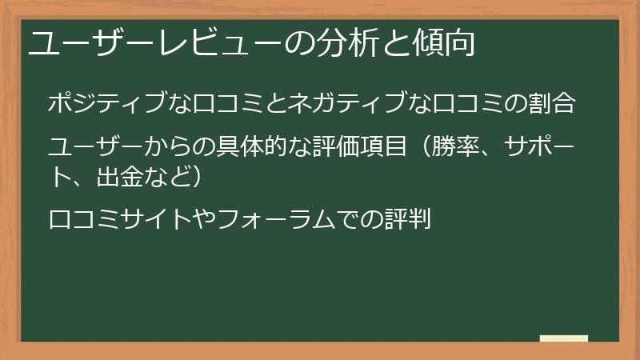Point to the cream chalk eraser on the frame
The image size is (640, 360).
tap(564, 338)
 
